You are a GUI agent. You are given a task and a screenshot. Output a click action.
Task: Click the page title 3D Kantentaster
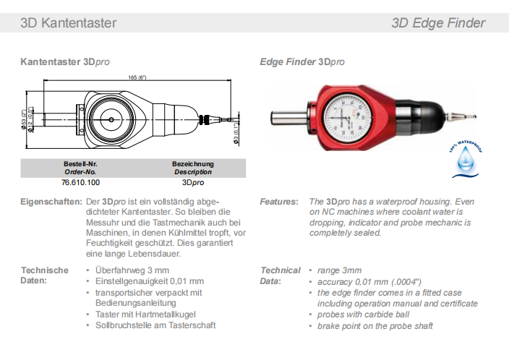click(x=68, y=22)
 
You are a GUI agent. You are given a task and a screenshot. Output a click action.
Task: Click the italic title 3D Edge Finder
click(x=438, y=22)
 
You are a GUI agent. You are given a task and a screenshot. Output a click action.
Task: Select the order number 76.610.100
click(x=80, y=183)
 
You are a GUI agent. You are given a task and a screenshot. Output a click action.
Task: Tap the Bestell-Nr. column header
click(x=80, y=164)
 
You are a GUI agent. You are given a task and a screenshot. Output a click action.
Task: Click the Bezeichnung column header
click(x=192, y=164)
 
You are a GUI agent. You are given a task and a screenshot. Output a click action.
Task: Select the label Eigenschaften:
click(x=51, y=202)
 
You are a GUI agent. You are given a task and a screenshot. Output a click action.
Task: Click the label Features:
click(x=278, y=202)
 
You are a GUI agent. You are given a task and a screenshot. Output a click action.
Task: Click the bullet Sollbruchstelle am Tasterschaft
click(x=155, y=325)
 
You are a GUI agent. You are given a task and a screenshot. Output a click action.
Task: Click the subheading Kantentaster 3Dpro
click(x=65, y=62)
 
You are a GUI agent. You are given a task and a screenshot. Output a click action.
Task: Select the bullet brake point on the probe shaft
click(x=375, y=326)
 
